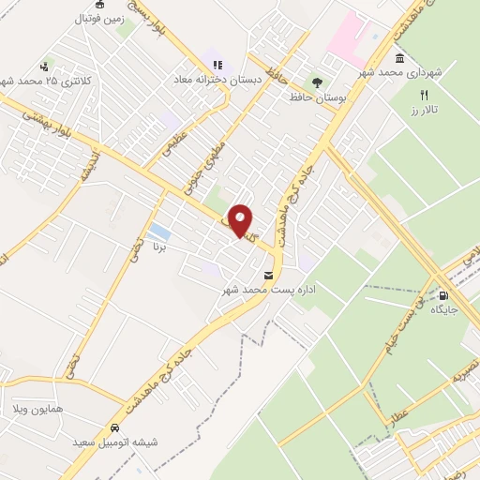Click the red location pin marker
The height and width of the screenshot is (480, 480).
241,221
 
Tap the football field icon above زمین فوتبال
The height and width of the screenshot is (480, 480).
100,4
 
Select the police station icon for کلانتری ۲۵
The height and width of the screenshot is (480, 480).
44,67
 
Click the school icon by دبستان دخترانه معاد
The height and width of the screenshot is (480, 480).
217,65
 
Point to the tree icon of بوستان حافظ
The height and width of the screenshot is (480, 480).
316,82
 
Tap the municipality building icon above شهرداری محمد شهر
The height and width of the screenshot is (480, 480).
400,58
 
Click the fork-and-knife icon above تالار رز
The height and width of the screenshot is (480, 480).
424,95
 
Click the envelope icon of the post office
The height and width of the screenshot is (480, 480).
270,276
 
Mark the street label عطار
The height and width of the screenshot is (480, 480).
400,409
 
